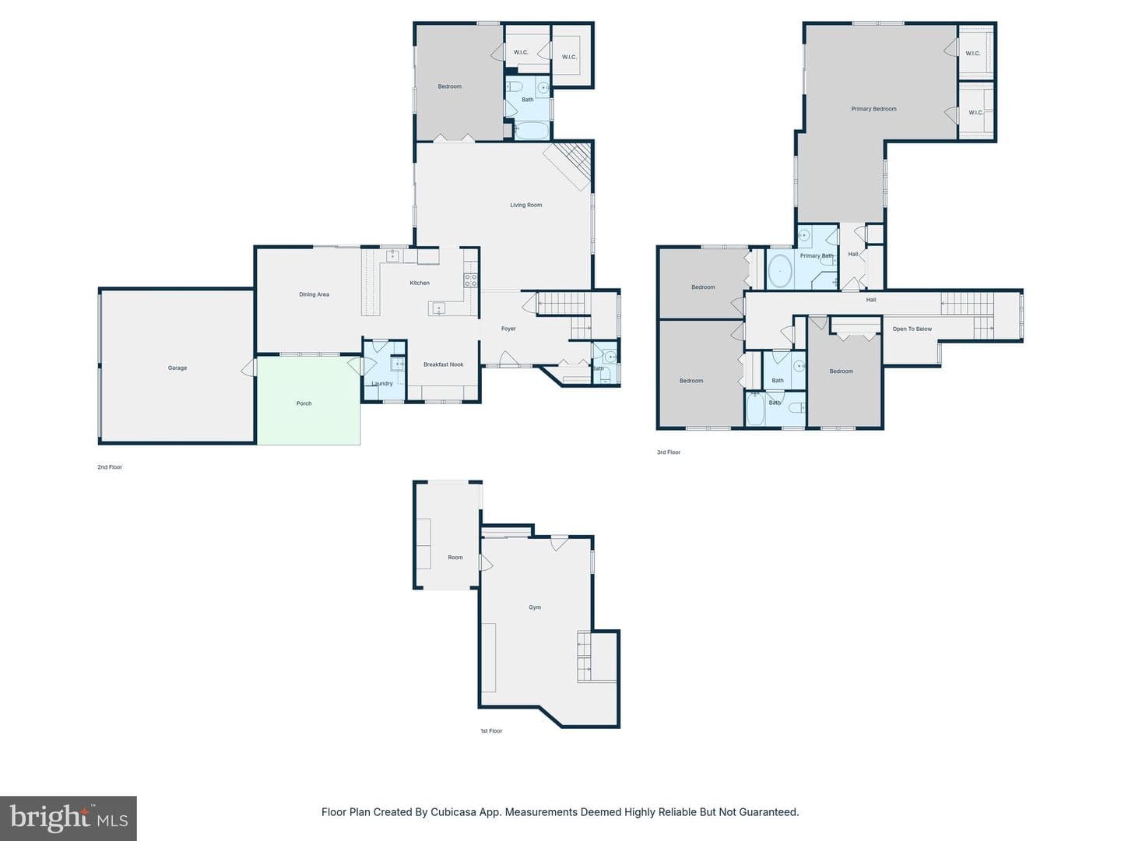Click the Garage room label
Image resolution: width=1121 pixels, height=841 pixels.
tap(177, 368)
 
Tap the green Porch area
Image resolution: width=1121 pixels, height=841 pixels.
tap(308, 400)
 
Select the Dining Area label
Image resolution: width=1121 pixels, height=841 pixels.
tap(314, 294)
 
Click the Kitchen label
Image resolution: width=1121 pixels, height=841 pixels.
tap(420, 283)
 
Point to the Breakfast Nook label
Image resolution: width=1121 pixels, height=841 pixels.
tap(443, 364)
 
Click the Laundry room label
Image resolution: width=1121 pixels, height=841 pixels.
tap(382, 383)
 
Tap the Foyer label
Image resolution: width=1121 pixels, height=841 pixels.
tap(508, 329)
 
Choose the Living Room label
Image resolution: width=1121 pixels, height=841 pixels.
tap(526, 206)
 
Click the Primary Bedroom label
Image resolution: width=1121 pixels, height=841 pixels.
tap(873, 109)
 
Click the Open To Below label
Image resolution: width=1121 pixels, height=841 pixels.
tap(912, 329)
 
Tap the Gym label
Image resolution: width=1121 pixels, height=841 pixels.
tap(535, 607)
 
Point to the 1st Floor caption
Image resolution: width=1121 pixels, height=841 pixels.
tap(491, 730)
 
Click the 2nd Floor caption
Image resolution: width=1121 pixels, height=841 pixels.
tap(110, 466)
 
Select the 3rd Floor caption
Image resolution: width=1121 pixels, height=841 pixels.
tap(669, 452)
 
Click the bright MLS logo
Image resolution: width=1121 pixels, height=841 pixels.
tap(69, 818)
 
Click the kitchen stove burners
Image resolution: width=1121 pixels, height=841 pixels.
tap(470, 280)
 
